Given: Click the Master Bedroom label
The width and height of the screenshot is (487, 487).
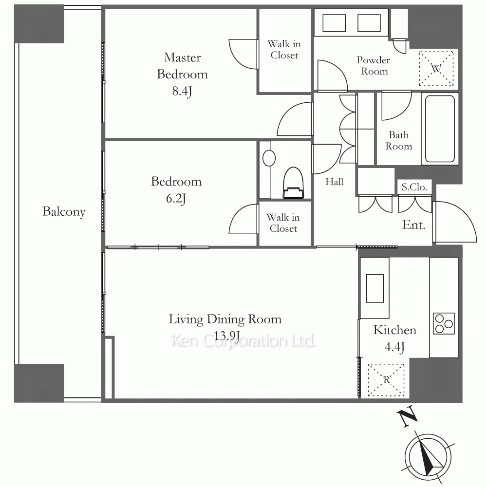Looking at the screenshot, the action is click(x=182, y=66).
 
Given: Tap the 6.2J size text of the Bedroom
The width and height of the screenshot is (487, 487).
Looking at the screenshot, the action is click(x=176, y=199).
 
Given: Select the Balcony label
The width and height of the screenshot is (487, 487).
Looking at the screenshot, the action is click(x=64, y=212).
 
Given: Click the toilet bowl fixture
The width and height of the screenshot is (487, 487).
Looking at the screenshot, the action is click(x=293, y=183).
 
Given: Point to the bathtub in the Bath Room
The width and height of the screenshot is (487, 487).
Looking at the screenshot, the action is click(x=440, y=129).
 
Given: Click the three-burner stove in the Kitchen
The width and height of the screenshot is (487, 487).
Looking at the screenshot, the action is click(x=444, y=324).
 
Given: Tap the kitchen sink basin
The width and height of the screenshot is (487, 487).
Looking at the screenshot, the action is click(x=375, y=288).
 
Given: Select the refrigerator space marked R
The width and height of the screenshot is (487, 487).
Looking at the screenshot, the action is click(x=386, y=380).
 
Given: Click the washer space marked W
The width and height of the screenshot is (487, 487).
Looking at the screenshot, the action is click(x=436, y=69).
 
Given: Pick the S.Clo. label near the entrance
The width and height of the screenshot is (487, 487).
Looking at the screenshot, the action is click(x=414, y=187).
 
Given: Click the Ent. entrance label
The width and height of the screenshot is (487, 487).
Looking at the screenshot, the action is click(x=413, y=225).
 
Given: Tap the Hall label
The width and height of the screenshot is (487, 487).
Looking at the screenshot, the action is click(x=334, y=182).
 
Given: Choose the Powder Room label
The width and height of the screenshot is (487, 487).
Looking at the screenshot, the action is click(x=374, y=66).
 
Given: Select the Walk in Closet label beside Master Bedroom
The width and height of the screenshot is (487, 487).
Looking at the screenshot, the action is click(x=284, y=49).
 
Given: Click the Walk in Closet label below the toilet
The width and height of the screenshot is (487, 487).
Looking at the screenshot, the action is click(x=283, y=223).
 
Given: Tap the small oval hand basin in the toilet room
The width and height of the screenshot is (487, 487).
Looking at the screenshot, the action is click(x=269, y=158).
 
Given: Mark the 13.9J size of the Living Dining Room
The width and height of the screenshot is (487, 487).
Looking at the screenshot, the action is click(x=227, y=336).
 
